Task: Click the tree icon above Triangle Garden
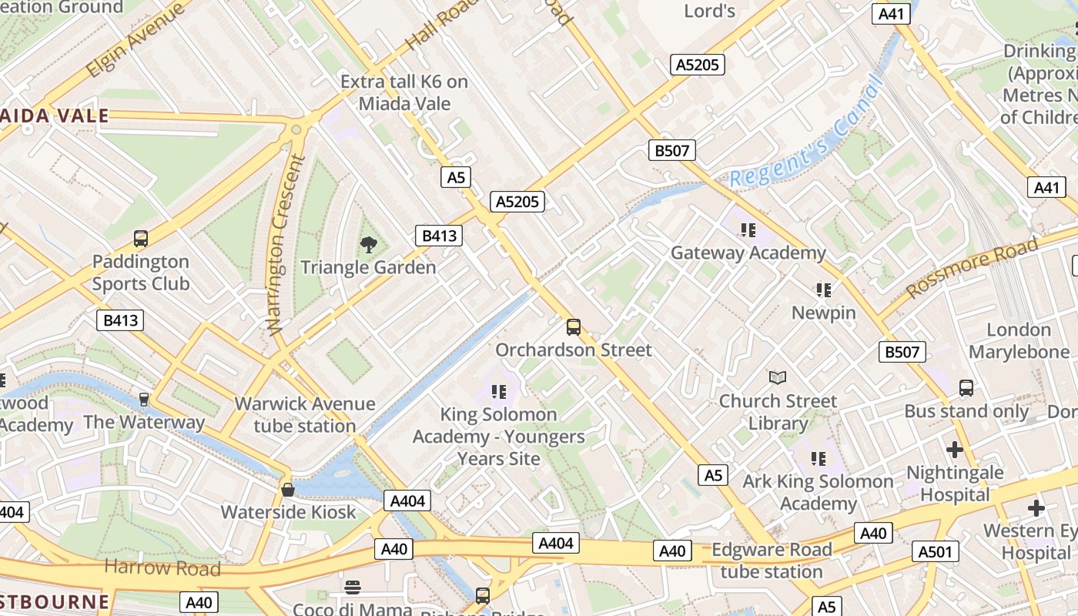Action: tap(369, 245)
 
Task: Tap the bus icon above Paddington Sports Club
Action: tap(140, 239)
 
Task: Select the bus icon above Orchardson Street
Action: tap(574, 327)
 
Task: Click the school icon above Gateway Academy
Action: tap(748, 229)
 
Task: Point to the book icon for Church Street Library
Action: tap(778, 377)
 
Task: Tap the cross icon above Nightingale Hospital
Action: tap(955, 449)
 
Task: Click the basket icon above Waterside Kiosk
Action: tap(288, 490)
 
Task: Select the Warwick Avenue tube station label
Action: tap(305, 414)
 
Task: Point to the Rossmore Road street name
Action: tap(972, 269)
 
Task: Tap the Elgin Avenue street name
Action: tap(136, 40)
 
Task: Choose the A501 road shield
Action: tap(936, 551)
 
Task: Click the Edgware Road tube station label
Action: tap(772, 561)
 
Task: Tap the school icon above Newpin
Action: tap(824, 290)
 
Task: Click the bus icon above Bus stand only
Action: tap(966, 388)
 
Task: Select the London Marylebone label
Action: tap(1019, 341)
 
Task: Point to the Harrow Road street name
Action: tap(162, 568)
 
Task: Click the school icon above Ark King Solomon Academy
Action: tap(819, 459)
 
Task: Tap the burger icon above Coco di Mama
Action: tap(353, 588)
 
